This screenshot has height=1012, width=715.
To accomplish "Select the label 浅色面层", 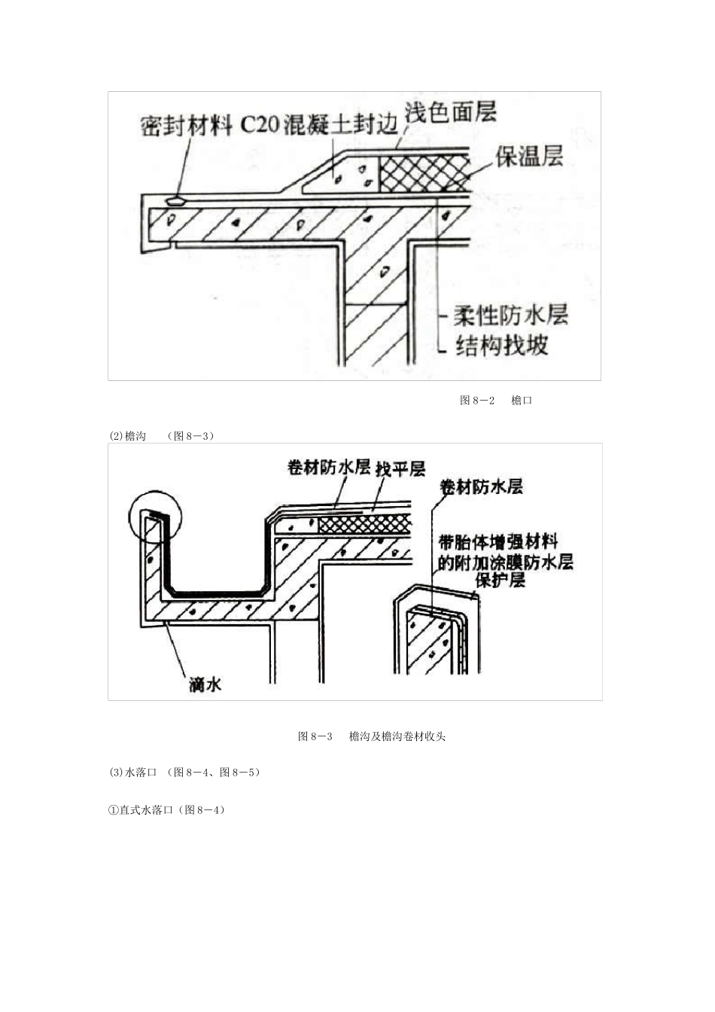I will pos(451,112).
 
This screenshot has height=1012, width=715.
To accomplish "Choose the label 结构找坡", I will pos(502,345).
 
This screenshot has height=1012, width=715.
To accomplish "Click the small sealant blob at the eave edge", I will pos(176,201).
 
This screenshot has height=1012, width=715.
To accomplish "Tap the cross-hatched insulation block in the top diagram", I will pos(424,175).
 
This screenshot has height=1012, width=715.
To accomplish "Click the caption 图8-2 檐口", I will pos(496,401).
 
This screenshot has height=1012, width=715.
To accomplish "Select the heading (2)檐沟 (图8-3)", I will pos(161,436).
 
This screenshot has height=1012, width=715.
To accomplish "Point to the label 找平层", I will pos(400,469).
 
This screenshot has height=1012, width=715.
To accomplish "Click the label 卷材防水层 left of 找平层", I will pos(329,468).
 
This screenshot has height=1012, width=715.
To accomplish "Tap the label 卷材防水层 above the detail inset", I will pos(482,486).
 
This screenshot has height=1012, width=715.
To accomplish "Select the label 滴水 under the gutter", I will pos(205,684).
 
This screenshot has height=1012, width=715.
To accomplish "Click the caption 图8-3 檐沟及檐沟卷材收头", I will pos(372,736).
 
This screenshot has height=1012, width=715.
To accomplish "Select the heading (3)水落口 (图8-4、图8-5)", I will pos(185,773).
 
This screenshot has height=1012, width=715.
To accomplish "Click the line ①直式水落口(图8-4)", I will pos(167,810).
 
